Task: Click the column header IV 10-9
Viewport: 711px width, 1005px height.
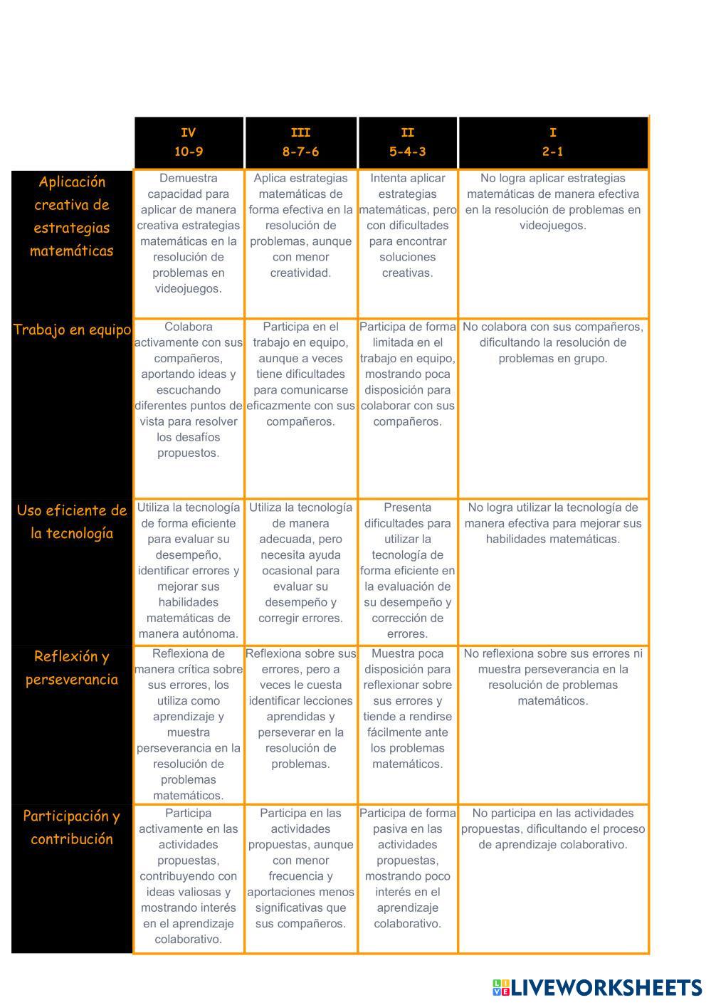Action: tap(189, 142)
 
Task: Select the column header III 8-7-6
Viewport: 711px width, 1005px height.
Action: tap(300, 142)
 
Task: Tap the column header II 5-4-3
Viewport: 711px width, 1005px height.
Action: tap(407, 142)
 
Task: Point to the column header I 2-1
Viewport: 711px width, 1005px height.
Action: tap(553, 142)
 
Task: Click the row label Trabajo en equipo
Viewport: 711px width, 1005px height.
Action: tap(72, 330)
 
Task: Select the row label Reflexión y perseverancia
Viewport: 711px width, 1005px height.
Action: tap(72, 668)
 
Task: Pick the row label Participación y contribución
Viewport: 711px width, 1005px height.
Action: tap(72, 827)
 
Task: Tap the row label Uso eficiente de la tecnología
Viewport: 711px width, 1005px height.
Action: tap(72, 522)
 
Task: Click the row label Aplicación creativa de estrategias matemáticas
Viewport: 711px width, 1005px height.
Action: tap(72, 216)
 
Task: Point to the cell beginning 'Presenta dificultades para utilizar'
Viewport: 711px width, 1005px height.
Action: tap(407, 570)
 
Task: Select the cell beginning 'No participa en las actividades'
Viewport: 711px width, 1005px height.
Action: tap(553, 828)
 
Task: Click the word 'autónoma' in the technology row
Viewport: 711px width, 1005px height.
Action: tap(210, 634)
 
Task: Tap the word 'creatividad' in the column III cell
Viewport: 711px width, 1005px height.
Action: tap(300, 273)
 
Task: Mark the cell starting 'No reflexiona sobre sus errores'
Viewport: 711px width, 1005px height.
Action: tap(553, 677)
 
